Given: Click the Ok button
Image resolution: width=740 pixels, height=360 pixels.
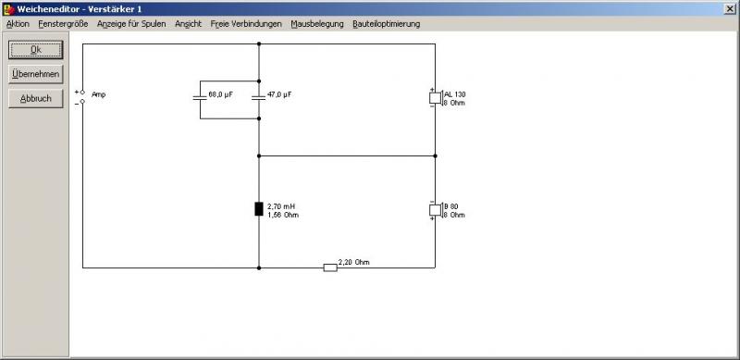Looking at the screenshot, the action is (x=35, y=50).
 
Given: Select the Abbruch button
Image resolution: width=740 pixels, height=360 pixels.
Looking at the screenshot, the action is (x=35, y=99).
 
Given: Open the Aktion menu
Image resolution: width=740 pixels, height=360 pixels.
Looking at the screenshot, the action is (x=18, y=24).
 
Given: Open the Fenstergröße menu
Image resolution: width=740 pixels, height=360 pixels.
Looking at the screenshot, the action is (x=63, y=24).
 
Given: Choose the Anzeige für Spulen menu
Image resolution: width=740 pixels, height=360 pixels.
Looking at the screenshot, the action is (x=131, y=24).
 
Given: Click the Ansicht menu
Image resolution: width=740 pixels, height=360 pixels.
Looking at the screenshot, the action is (x=189, y=24).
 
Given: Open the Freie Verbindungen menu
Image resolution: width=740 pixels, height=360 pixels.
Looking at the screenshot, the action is (x=246, y=24).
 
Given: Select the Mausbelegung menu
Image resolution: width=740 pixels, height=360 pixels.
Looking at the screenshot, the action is (x=317, y=24).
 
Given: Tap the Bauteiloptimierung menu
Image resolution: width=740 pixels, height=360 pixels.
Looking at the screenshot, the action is (x=386, y=24).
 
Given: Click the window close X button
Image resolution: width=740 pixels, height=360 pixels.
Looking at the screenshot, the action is (x=729, y=9).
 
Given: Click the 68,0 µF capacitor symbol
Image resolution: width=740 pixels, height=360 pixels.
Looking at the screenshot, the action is (x=200, y=98).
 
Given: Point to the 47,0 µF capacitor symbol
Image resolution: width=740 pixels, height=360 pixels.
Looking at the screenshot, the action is (x=259, y=98).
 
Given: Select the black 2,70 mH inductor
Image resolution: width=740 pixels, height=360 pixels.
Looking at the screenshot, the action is (x=259, y=209).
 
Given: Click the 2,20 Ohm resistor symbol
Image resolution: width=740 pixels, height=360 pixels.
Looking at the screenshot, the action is (x=330, y=267).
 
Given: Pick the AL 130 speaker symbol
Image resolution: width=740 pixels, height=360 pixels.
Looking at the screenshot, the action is (x=436, y=98).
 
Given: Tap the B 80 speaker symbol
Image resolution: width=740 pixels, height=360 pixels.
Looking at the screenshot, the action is (x=436, y=210).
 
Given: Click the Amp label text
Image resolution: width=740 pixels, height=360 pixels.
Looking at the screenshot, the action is (x=99, y=94).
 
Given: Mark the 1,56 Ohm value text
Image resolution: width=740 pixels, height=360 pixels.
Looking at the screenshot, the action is (x=283, y=216).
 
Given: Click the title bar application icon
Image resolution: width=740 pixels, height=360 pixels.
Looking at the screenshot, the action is (x=8, y=9).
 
